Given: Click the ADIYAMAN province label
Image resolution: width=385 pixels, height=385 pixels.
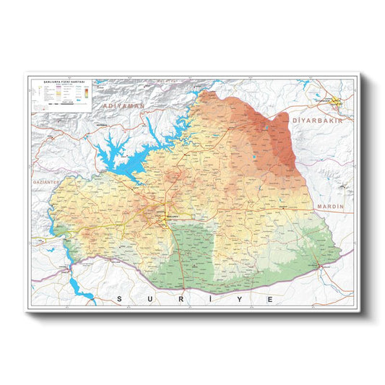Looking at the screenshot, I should tap(125, 105).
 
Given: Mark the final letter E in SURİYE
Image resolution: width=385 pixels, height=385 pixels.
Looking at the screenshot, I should tap(272, 298).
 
